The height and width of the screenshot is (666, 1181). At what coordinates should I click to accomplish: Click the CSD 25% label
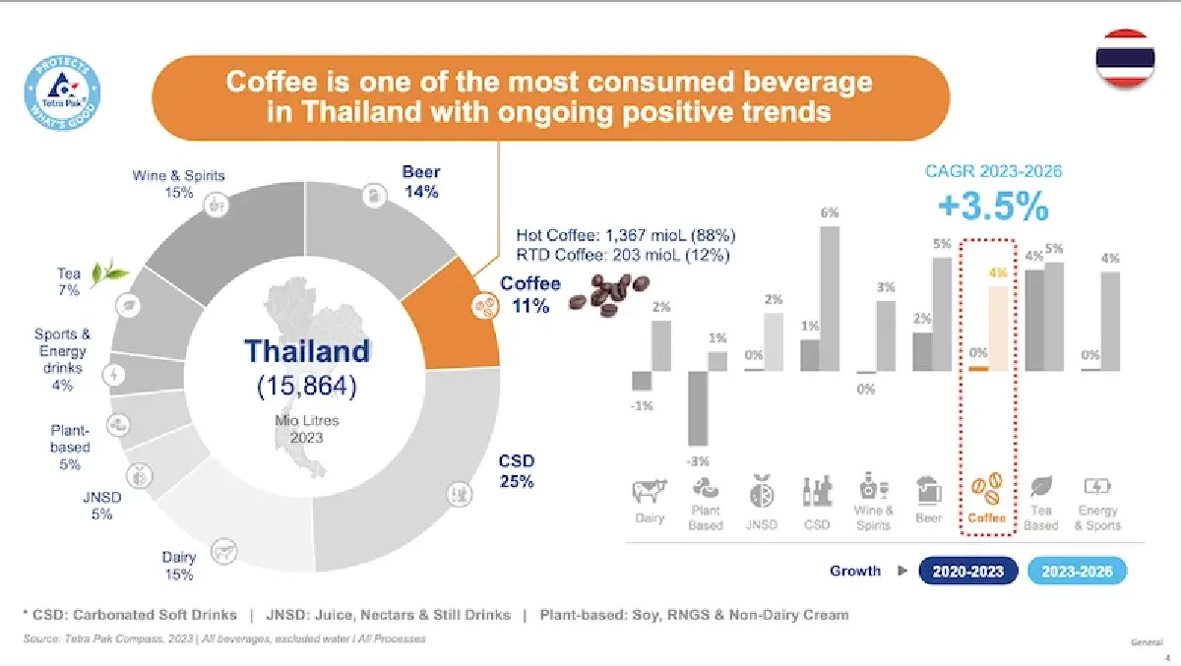tap(516, 471)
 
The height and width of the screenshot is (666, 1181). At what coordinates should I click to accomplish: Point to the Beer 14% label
tap(421, 182)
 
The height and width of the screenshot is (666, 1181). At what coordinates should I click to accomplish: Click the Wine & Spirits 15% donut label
tap(178, 184)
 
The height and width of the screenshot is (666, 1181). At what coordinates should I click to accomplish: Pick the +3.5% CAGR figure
tap(992, 208)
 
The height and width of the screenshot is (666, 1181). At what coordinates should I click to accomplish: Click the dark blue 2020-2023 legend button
tap(966, 571)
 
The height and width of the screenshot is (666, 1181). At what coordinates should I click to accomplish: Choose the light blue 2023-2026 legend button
tap(1076, 571)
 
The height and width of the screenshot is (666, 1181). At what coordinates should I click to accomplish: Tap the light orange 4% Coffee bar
tap(999, 328)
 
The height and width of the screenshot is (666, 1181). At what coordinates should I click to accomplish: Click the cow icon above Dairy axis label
tap(649, 491)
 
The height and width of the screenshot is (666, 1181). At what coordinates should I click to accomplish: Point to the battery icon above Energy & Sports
tap(1096, 486)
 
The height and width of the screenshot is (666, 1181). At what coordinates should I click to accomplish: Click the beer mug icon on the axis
tap(928, 489)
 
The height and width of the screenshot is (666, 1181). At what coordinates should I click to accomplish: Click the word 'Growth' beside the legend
tap(854, 571)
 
